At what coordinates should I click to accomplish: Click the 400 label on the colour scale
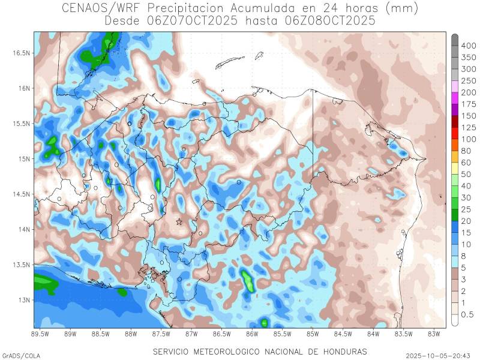(469, 46)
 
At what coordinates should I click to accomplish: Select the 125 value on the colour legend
(469, 127)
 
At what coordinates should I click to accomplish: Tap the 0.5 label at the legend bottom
(467, 314)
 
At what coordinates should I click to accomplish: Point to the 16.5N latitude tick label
(21, 53)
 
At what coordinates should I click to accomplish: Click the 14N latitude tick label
(23, 229)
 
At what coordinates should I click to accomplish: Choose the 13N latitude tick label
(23, 300)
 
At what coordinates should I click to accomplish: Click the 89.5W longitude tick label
(40, 334)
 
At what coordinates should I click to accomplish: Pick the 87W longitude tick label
(191, 334)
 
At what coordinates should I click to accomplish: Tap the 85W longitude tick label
(313, 334)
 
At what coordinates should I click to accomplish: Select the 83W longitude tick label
(434, 334)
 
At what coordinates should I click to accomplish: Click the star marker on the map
(179, 222)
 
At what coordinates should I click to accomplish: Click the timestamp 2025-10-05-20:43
(438, 356)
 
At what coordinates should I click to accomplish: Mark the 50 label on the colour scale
(466, 174)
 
